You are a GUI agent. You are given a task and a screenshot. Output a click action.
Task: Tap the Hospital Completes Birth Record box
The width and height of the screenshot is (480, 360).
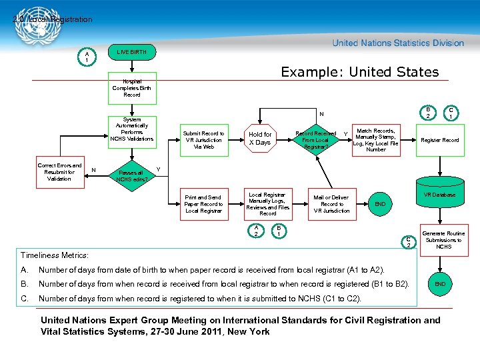pos(132,88)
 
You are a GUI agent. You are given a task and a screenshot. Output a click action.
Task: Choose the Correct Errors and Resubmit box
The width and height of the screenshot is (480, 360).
pos(59,172)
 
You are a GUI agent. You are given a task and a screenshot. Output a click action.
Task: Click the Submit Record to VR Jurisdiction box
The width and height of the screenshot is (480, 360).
pos(204,140)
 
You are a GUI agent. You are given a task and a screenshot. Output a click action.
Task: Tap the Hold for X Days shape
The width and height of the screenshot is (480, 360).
pos(259,139)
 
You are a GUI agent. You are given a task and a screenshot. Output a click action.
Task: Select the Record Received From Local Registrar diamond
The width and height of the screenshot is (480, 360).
pos(315,140)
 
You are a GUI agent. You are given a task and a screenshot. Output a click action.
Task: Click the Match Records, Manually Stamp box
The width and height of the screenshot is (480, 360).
pos(376,140)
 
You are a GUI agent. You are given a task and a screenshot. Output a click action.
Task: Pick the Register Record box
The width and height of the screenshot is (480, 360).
pos(439,140)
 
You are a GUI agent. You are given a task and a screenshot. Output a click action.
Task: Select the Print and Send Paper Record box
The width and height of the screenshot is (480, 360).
pos(203,204)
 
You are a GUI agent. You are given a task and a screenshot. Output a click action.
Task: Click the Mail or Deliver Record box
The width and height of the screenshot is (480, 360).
pos(331,204)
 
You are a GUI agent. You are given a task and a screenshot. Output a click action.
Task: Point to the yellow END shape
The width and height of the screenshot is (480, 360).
pos(380,204)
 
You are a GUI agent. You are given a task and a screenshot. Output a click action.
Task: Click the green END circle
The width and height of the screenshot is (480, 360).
pos(439,284)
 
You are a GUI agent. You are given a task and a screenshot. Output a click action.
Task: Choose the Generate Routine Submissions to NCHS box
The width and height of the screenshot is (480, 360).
pos(443,240)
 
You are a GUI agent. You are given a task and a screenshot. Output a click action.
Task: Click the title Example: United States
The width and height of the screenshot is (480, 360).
pos(359,72)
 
